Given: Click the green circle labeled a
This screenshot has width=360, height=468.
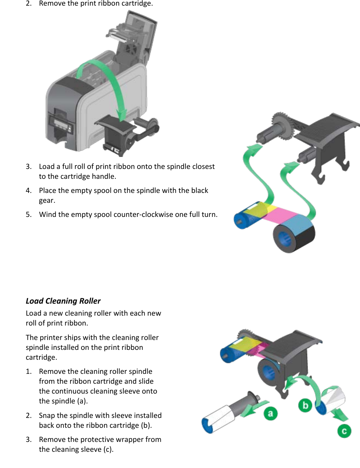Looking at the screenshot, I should point(270,413).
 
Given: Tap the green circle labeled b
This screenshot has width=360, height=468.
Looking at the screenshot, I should point(305,405).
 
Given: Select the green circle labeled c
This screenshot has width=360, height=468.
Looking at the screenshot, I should point(344,431).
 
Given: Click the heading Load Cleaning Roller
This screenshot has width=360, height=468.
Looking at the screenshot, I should point(63,301).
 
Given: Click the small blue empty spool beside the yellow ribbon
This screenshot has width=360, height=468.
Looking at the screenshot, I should point(243,219).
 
